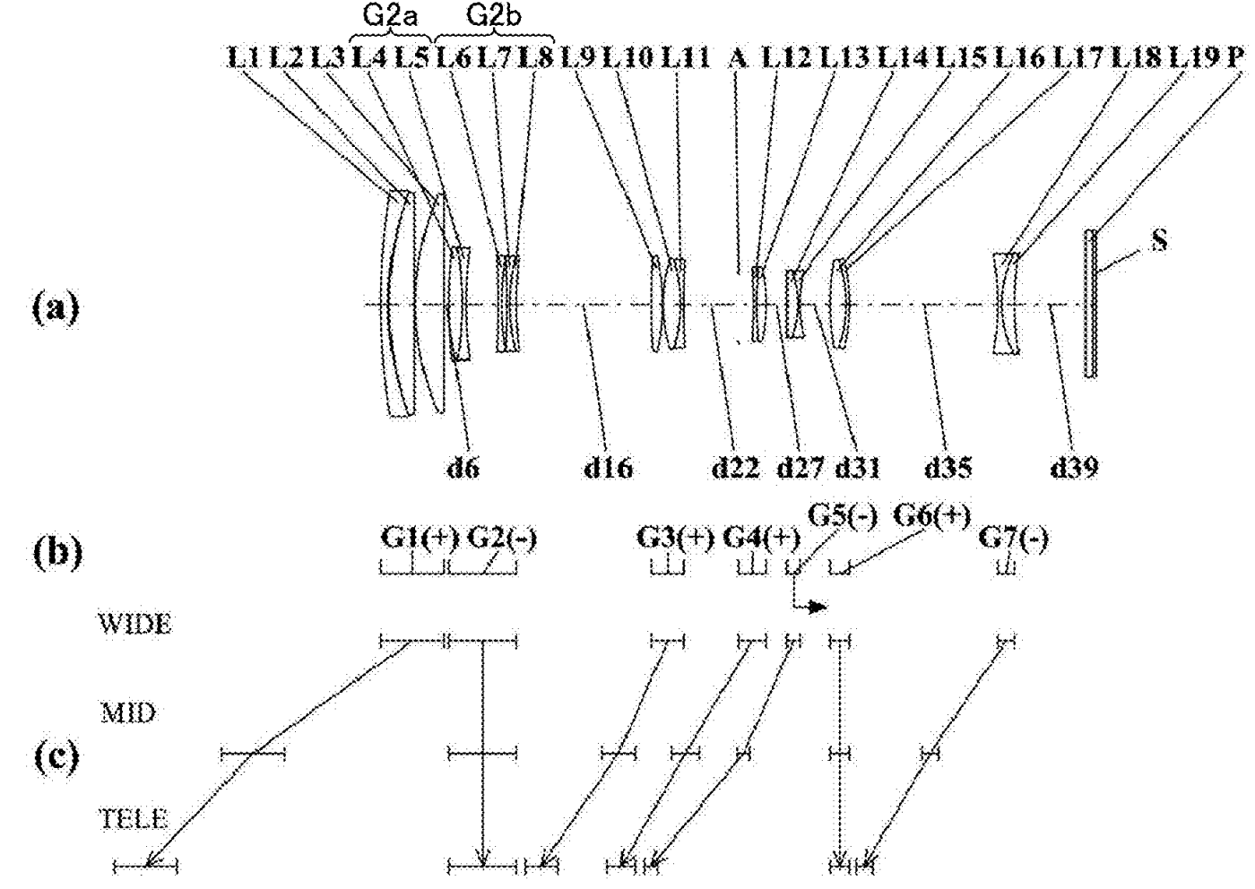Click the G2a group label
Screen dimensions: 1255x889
[x=390, y=16]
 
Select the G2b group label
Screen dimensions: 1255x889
[x=494, y=16]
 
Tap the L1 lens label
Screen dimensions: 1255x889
[x=244, y=57]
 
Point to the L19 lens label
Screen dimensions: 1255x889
[x=1194, y=57]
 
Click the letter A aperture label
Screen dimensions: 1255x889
[x=738, y=57]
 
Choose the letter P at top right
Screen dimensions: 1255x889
[x=1234, y=57]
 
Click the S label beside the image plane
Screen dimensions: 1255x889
[x=1159, y=240]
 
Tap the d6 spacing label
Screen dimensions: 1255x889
[x=463, y=468]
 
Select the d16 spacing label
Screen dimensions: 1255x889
[x=609, y=468]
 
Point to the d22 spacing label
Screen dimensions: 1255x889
[x=736, y=468]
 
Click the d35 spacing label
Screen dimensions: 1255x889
[x=948, y=468]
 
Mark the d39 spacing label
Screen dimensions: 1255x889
[x=1074, y=468]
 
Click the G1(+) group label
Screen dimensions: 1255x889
[x=420, y=539]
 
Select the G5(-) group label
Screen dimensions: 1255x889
[x=843, y=514]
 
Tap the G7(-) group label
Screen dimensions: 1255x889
[x=1014, y=539]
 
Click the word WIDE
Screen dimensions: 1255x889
[x=135, y=624]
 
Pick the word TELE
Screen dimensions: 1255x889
[x=134, y=819]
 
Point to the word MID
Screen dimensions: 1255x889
[x=127, y=713]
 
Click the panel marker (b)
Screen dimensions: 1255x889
[x=58, y=553]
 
